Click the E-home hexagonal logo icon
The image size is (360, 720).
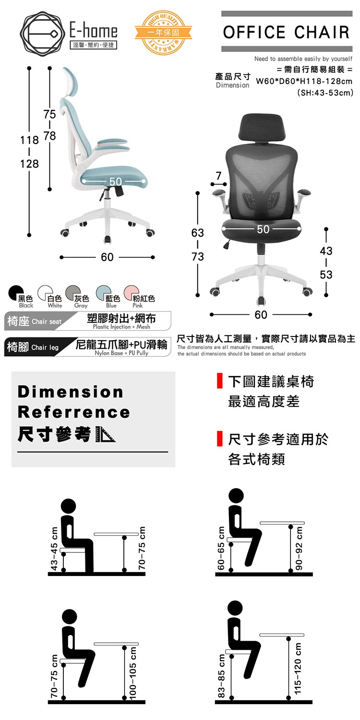pos(40,33)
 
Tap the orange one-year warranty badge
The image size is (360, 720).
pos(163,32)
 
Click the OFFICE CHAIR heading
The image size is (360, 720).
pos(287,32)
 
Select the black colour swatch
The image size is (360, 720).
pos(15,293)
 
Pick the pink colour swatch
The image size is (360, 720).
pos(131,293)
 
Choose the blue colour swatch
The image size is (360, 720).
pos(104,293)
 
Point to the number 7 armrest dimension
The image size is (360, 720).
pos(218,176)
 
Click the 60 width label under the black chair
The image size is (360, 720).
pos(261,315)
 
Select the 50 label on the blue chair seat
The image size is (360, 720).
pos(115,181)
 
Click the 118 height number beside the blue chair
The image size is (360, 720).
pos(29,140)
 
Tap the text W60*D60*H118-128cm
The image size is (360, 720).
pos(304,81)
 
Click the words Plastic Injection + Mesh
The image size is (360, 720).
pos(121,326)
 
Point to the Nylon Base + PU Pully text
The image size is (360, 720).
pos(121,353)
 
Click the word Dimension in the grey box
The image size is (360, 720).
pos(71,392)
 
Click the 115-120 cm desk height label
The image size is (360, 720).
pos(298,668)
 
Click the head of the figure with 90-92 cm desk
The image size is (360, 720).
pos(236,496)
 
